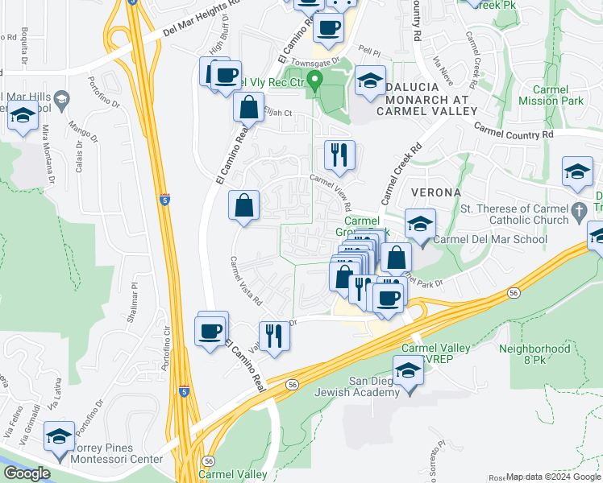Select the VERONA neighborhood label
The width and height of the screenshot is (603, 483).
(x=435, y=193)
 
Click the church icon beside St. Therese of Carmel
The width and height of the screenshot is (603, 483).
(x=578, y=212)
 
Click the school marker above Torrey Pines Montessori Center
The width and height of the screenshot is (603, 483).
(x=60, y=438)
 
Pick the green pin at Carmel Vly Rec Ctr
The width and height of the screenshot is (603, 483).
(x=316, y=81)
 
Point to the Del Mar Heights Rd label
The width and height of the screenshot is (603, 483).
(x=202, y=18)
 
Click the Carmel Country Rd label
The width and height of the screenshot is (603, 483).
(x=514, y=130)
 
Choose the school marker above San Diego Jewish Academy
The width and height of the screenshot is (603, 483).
(x=410, y=373)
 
